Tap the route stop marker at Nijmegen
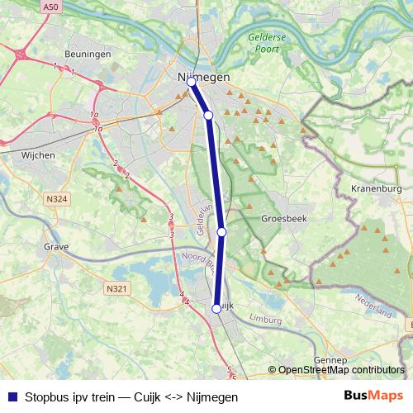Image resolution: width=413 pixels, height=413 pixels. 191,81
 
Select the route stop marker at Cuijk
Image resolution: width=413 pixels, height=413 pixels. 216,308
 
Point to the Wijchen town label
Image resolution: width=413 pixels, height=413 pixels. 37,154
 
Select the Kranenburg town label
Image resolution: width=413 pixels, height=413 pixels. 376,188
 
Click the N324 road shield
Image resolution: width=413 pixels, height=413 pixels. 57,198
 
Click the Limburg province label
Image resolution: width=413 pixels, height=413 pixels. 265,318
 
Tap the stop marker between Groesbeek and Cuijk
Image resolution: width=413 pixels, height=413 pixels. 221,232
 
